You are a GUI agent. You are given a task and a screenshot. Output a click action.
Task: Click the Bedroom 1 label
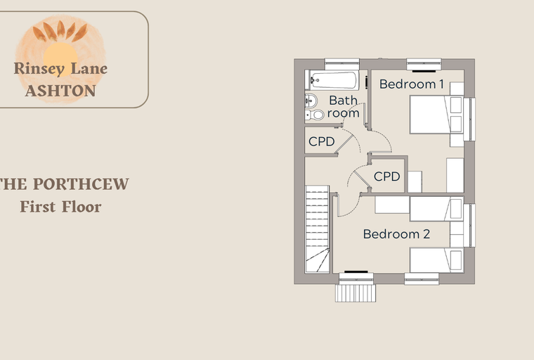coord(412,84)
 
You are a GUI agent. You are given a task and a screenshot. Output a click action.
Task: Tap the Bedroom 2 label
coord(396,234)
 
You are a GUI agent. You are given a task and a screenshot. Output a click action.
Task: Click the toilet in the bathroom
coord(314,115)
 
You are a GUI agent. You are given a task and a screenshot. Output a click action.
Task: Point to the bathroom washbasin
coord(311,101)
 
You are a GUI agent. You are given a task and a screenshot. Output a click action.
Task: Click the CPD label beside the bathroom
coord(322,141)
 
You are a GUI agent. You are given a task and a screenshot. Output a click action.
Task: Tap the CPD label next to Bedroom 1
coord(387,176)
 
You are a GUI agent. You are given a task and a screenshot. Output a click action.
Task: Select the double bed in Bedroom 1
coord(436,115)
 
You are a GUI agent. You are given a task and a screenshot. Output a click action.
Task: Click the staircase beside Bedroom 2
coord(318,229)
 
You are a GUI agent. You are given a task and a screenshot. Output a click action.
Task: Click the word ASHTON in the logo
coord(60,91)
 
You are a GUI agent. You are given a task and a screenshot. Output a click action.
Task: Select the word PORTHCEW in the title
coord(81,184)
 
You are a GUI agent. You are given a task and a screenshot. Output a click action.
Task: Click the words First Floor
coord(60,207)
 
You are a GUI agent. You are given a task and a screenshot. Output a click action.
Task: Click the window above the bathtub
coord(342,64)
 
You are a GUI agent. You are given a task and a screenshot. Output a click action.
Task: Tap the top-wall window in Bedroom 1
coord(424,65)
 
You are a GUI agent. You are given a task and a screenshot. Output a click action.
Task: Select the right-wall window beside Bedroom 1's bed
coord(469,120)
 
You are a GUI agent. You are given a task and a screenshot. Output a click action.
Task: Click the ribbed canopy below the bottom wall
coord(356,293)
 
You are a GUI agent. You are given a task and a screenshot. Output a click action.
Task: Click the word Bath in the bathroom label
coord(344,101)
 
